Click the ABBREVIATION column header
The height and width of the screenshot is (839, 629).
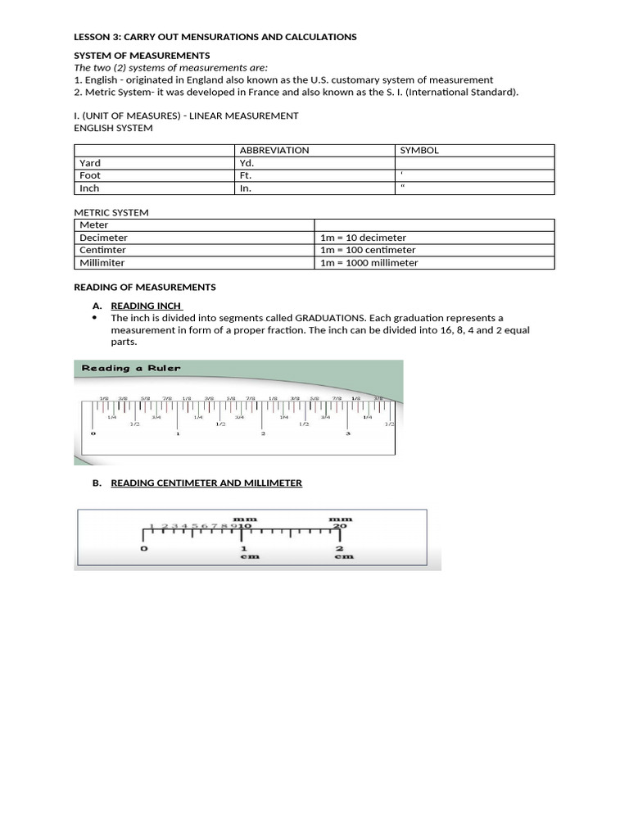click(x=274, y=151)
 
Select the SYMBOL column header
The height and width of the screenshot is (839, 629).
click(x=419, y=151)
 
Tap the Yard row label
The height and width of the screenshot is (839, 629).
click(x=90, y=163)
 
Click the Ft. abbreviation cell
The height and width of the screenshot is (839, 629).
click(x=247, y=175)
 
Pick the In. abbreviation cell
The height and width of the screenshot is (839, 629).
click(x=245, y=188)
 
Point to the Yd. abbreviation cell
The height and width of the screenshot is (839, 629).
click(x=247, y=163)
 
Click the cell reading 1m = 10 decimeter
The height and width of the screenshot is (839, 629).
click(x=363, y=238)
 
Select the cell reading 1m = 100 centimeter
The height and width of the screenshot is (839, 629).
click(x=368, y=250)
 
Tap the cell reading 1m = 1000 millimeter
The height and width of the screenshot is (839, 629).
click(x=369, y=263)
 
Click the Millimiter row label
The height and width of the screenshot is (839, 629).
click(x=104, y=263)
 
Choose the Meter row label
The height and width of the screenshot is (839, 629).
click(x=93, y=224)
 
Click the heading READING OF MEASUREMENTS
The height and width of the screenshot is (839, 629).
click(x=145, y=288)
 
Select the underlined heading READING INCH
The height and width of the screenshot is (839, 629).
click(x=146, y=306)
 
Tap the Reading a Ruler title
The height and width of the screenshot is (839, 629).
click(x=131, y=369)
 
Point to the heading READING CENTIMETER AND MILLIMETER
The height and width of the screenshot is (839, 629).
click(x=206, y=483)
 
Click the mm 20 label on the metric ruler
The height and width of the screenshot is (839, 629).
click(x=340, y=523)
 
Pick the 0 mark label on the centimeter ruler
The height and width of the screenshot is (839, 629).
click(x=145, y=548)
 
